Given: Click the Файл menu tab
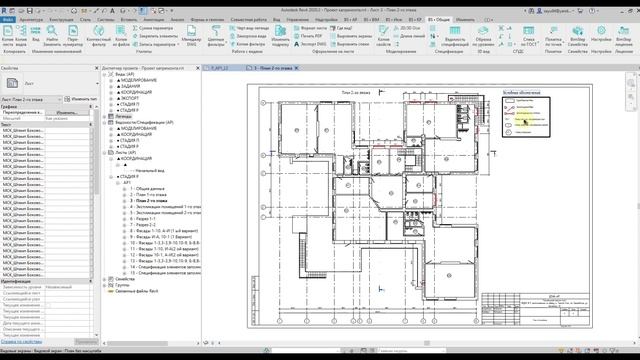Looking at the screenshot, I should pyautogui.click(x=8, y=18).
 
